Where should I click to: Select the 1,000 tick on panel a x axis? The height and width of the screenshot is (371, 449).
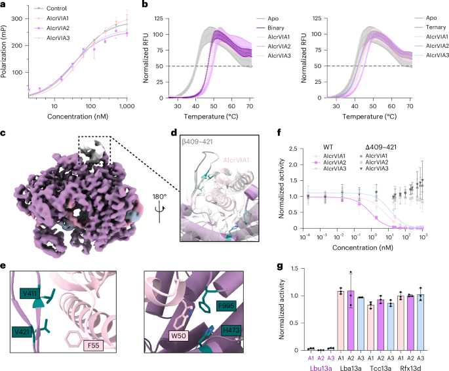click(x=125, y=105)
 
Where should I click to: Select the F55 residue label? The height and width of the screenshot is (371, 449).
click(x=97, y=343)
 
